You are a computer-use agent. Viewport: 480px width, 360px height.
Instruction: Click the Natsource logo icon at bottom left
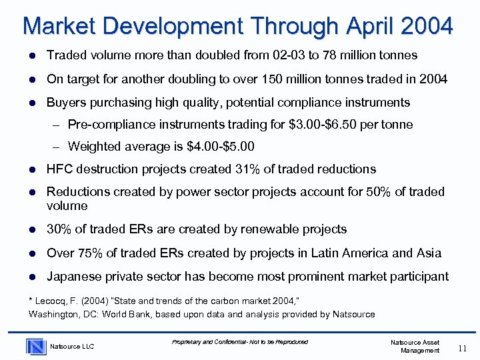[x=36, y=345]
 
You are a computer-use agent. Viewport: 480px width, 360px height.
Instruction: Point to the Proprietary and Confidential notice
[x=240, y=342]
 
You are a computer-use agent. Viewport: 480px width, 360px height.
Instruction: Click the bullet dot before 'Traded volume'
[x=32, y=55]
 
